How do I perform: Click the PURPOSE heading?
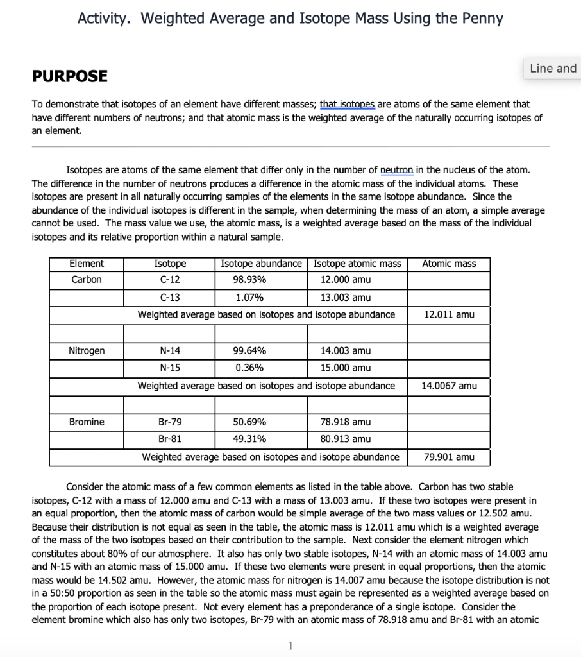(x=69, y=76)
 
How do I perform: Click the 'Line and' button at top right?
(x=553, y=68)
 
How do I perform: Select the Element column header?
(x=86, y=264)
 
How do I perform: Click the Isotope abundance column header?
(x=261, y=264)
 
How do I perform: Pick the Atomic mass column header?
(x=449, y=264)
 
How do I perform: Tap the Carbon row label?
(x=86, y=280)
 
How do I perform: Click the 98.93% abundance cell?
(x=249, y=280)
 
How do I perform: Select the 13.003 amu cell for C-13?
(x=345, y=298)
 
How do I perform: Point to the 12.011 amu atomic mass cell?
(x=449, y=314)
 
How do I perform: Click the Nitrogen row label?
(x=87, y=351)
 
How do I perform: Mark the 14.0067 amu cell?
(x=449, y=386)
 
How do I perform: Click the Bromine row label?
(x=87, y=422)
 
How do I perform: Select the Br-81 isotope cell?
(x=170, y=439)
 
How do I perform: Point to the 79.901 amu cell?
(x=449, y=457)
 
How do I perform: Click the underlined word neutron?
(x=397, y=170)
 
